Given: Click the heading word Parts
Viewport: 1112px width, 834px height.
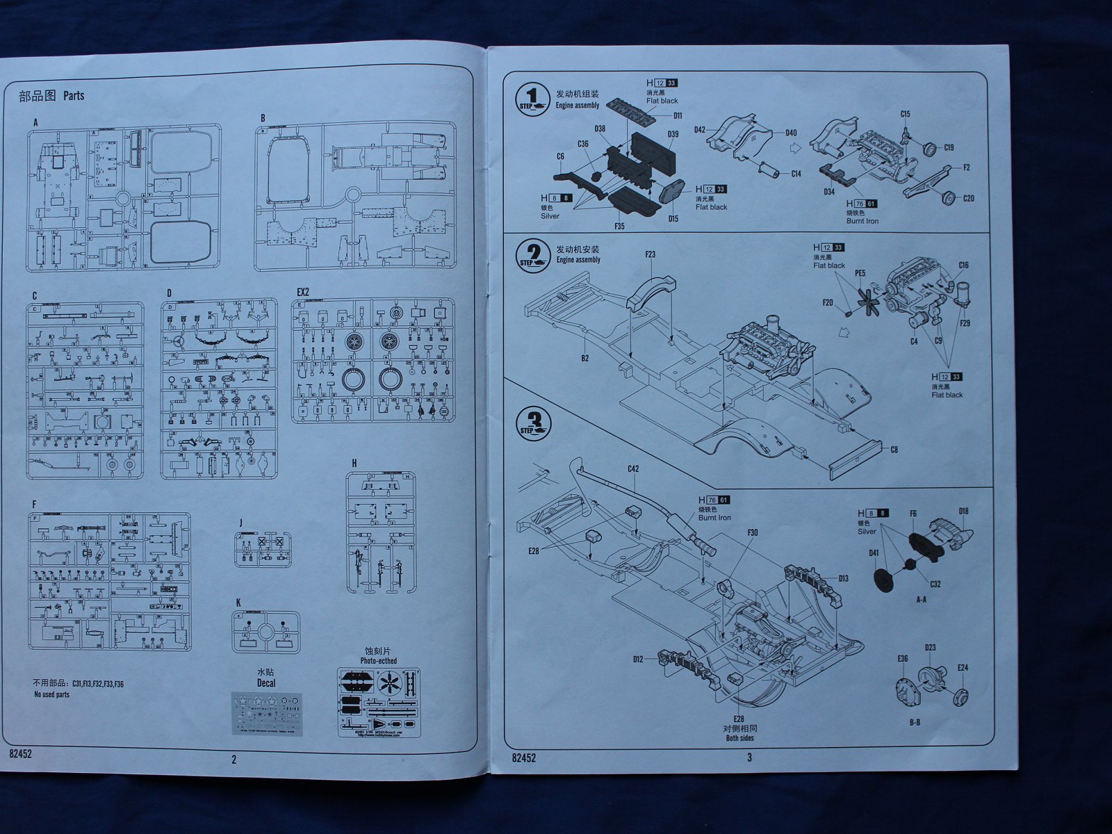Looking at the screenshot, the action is (x=74, y=96).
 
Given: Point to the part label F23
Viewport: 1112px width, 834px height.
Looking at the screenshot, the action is (x=650, y=254).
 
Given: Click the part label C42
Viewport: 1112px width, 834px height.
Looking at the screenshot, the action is (x=632, y=468).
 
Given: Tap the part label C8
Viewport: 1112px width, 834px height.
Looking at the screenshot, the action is (x=894, y=450).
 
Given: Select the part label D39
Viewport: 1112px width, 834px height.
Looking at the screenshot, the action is (x=673, y=134).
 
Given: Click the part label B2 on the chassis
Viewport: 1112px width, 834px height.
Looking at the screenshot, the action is (x=584, y=358).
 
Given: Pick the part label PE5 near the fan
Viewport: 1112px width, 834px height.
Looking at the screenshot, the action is (x=860, y=274).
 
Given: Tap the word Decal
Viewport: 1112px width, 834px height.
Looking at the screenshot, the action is (x=265, y=683).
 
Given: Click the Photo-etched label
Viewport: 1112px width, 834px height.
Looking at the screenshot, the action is (x=378, y=661).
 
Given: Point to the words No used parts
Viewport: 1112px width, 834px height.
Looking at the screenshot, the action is (x=52, y=694).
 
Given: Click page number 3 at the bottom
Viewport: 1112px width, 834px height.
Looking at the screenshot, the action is (x=749, y=758).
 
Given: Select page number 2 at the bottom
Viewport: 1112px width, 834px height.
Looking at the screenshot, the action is (x=234, y=760).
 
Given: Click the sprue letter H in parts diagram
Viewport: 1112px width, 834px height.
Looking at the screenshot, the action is (x=354, y=463).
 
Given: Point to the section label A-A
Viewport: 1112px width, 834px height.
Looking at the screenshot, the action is (x=921, y=599).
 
